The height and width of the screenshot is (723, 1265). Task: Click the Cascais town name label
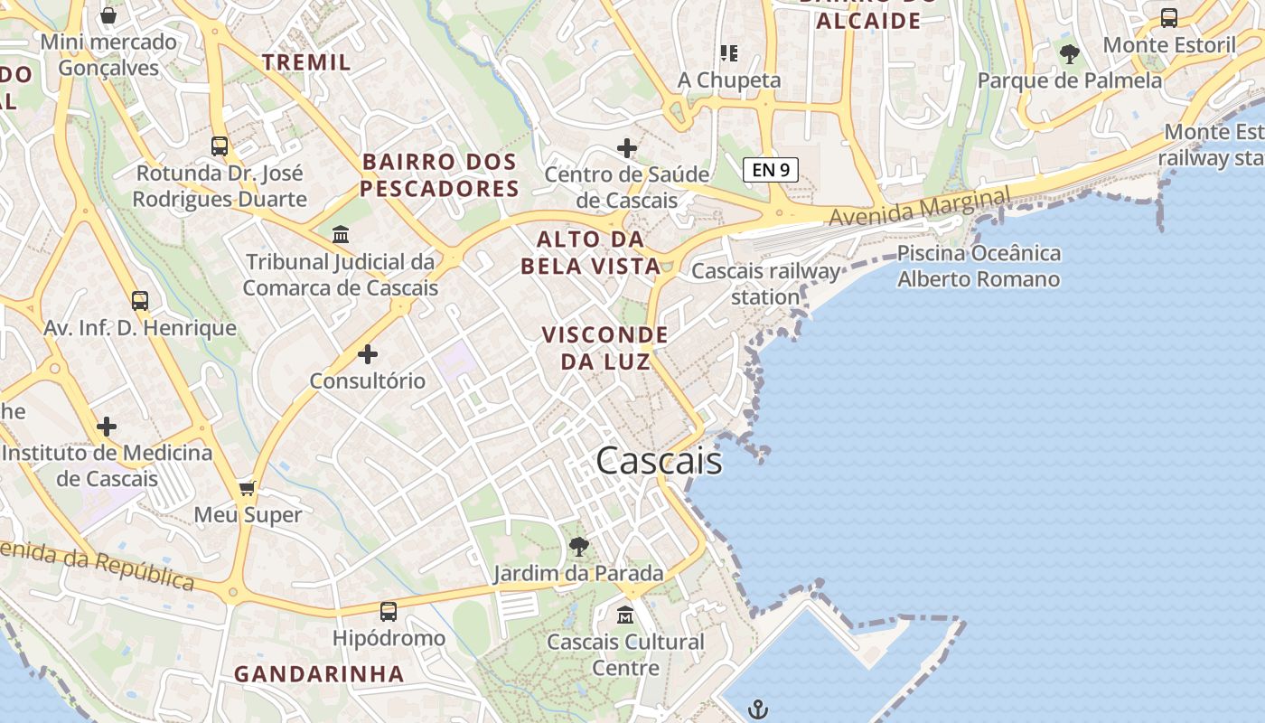tap(659, 461)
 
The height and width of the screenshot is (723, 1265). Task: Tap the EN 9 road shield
tap(771, 169)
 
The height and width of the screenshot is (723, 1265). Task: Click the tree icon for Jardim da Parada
tap(578, 546)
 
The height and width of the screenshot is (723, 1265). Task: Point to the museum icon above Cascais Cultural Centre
tap(624, 615)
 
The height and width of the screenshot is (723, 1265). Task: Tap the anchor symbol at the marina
tap(758, 709)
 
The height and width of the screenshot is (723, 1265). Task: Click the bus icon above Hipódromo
tap(389, 612)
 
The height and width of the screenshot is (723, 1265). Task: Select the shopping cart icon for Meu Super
tap(248, 488)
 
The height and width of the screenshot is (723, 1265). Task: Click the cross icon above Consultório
tap(368, 353)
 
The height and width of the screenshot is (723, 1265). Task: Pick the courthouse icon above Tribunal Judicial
tap(341, 235)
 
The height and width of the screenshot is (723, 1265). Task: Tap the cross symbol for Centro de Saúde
tap(627, 147)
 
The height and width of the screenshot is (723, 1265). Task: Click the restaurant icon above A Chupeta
tap(728, 53)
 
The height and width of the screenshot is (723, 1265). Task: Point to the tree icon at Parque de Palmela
tap(1070, 54)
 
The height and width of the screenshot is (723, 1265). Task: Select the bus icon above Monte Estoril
tap(1169, 17)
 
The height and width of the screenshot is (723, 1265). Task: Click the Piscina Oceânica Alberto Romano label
tap(979, 266)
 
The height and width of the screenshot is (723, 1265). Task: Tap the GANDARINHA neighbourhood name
tap(319, 673)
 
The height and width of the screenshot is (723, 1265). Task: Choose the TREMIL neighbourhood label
tap(306, 62)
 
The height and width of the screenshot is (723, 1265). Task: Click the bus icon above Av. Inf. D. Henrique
tap(140, 301)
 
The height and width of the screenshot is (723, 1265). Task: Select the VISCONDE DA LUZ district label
tap(605, 348)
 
